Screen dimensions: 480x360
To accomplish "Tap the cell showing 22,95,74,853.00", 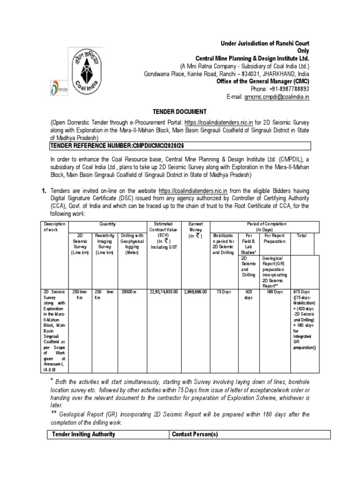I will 163,292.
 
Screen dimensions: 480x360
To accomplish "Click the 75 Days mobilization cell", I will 224,292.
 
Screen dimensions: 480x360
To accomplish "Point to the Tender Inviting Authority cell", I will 82,435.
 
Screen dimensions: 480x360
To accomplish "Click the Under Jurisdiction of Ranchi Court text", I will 265,44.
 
